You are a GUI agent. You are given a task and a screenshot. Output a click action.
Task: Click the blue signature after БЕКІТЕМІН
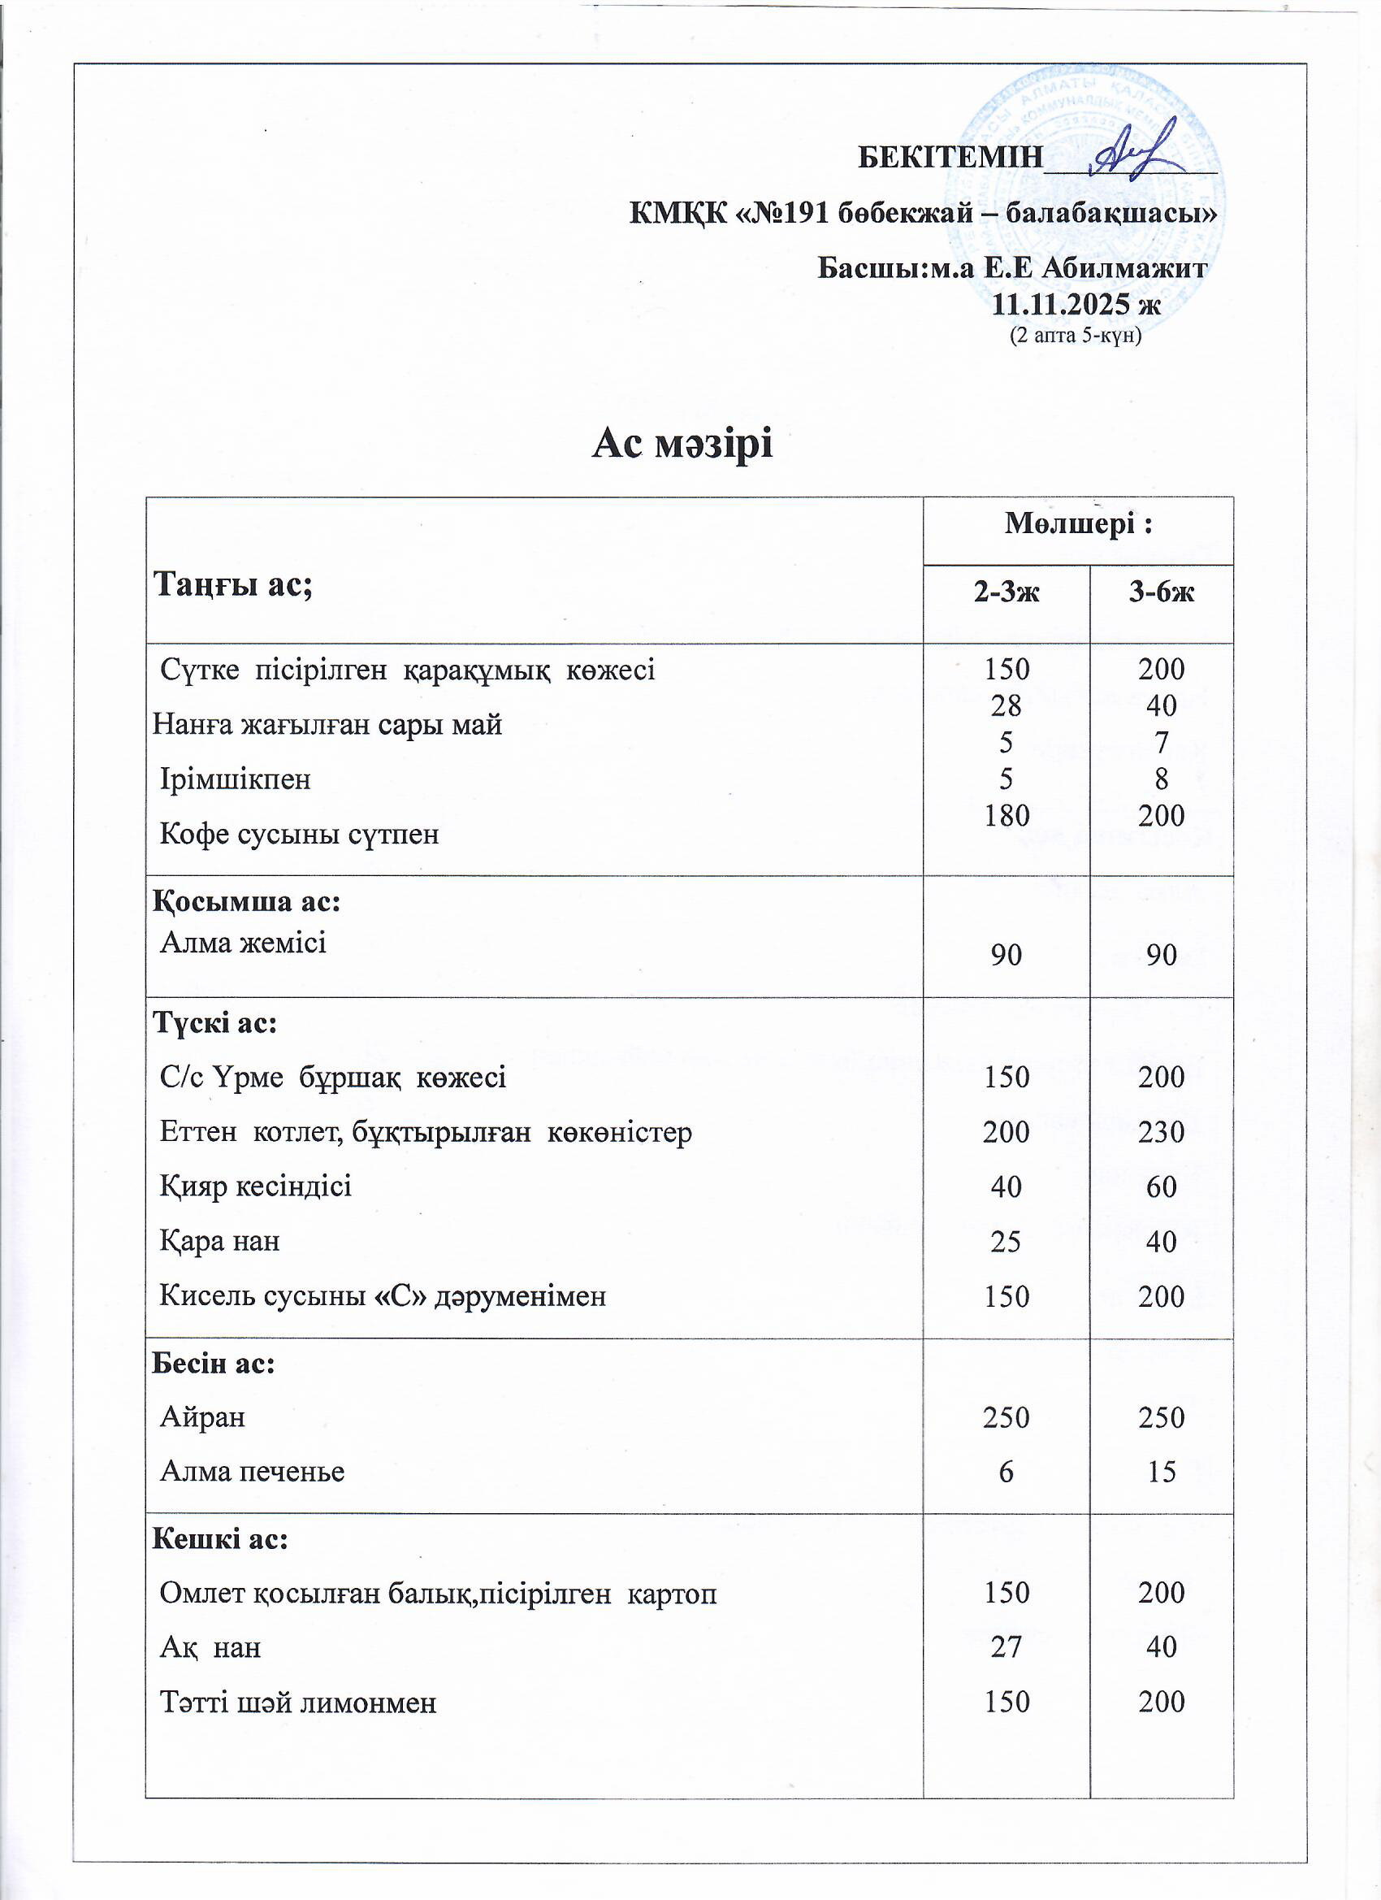(x=1135, y=152)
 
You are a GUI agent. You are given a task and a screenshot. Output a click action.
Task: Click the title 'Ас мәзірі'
(x=682, y=443)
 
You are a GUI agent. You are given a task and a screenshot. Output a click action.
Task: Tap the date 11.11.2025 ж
(x=1076, y=304)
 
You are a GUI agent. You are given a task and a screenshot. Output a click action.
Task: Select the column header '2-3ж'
(x=1006, y=592)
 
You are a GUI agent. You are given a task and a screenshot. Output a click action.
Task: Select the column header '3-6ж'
(x=1161, y=592)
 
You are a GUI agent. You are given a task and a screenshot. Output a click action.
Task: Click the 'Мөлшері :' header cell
(x=1078, y=524)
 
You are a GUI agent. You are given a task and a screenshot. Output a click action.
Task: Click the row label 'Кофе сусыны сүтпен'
(x=299, y=835)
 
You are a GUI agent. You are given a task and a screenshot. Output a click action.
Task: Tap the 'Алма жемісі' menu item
(x=243, y=943)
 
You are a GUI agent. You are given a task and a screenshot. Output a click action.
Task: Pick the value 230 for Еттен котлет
(x=1161, y=1133)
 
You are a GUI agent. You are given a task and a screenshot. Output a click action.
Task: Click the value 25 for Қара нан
(x=1006, y=1242)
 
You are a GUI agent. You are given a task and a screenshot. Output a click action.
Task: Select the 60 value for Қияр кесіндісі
(x=1161, y=1187)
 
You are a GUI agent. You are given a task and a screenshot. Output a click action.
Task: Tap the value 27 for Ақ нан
(x=1006, y=1647)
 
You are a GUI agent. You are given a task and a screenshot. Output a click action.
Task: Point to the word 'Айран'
(x=202, y=1417)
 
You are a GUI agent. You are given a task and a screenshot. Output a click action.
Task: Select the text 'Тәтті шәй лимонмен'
(x=298, y=1703)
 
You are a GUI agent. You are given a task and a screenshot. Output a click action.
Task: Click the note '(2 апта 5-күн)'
(x=1076, y=336)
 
